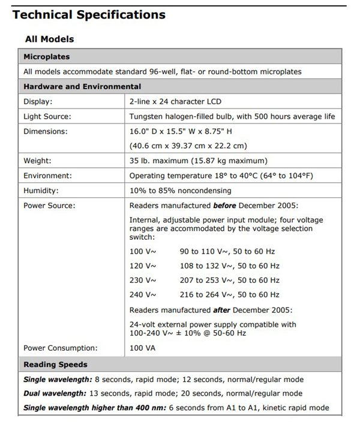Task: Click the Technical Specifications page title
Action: tap(89, 14)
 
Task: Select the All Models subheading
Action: tap(49, 39)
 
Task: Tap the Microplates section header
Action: tap(46, 57)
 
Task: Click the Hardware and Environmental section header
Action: tap(82, 86)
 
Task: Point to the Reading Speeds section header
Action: tap(55, 364)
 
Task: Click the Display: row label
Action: tap(38, 101)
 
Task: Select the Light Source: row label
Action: tap(47, 116)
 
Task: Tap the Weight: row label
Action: tap(37, 161)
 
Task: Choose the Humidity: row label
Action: tap(41, 191)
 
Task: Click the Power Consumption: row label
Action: tap(60, 348)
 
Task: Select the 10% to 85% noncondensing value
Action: tap(180, 191)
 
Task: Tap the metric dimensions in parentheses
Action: tap(188, 146)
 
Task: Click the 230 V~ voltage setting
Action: tap(143, 280)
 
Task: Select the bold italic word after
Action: tap(222, 310)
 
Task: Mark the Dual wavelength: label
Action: tap(55, 393)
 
